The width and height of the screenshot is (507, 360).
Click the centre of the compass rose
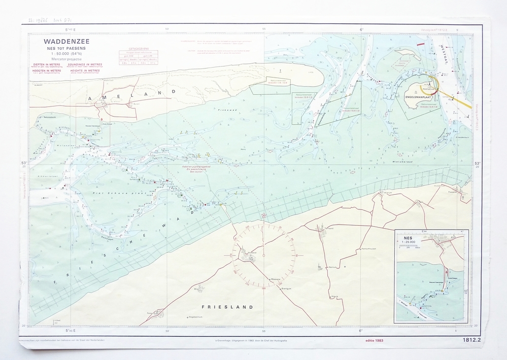[x=263, y=252]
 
